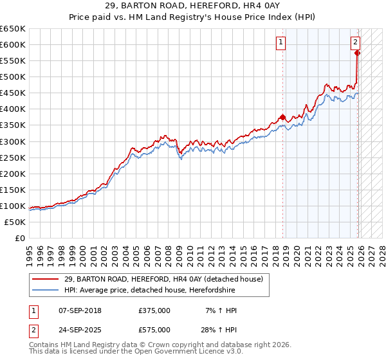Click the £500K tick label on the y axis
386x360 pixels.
pyautogui.click(x=13, y=76)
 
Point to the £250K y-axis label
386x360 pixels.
pyautogui.click(x=13, y=157)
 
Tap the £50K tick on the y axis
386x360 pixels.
pyautogui.click(x=15, y=222)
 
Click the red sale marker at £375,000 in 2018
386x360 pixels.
pyautogui.click(x=282, y=117)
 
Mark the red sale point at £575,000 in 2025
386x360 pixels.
pyautogui.click(x=358, y=53)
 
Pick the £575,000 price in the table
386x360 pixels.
pyautogui.click(x=154, y=330)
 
